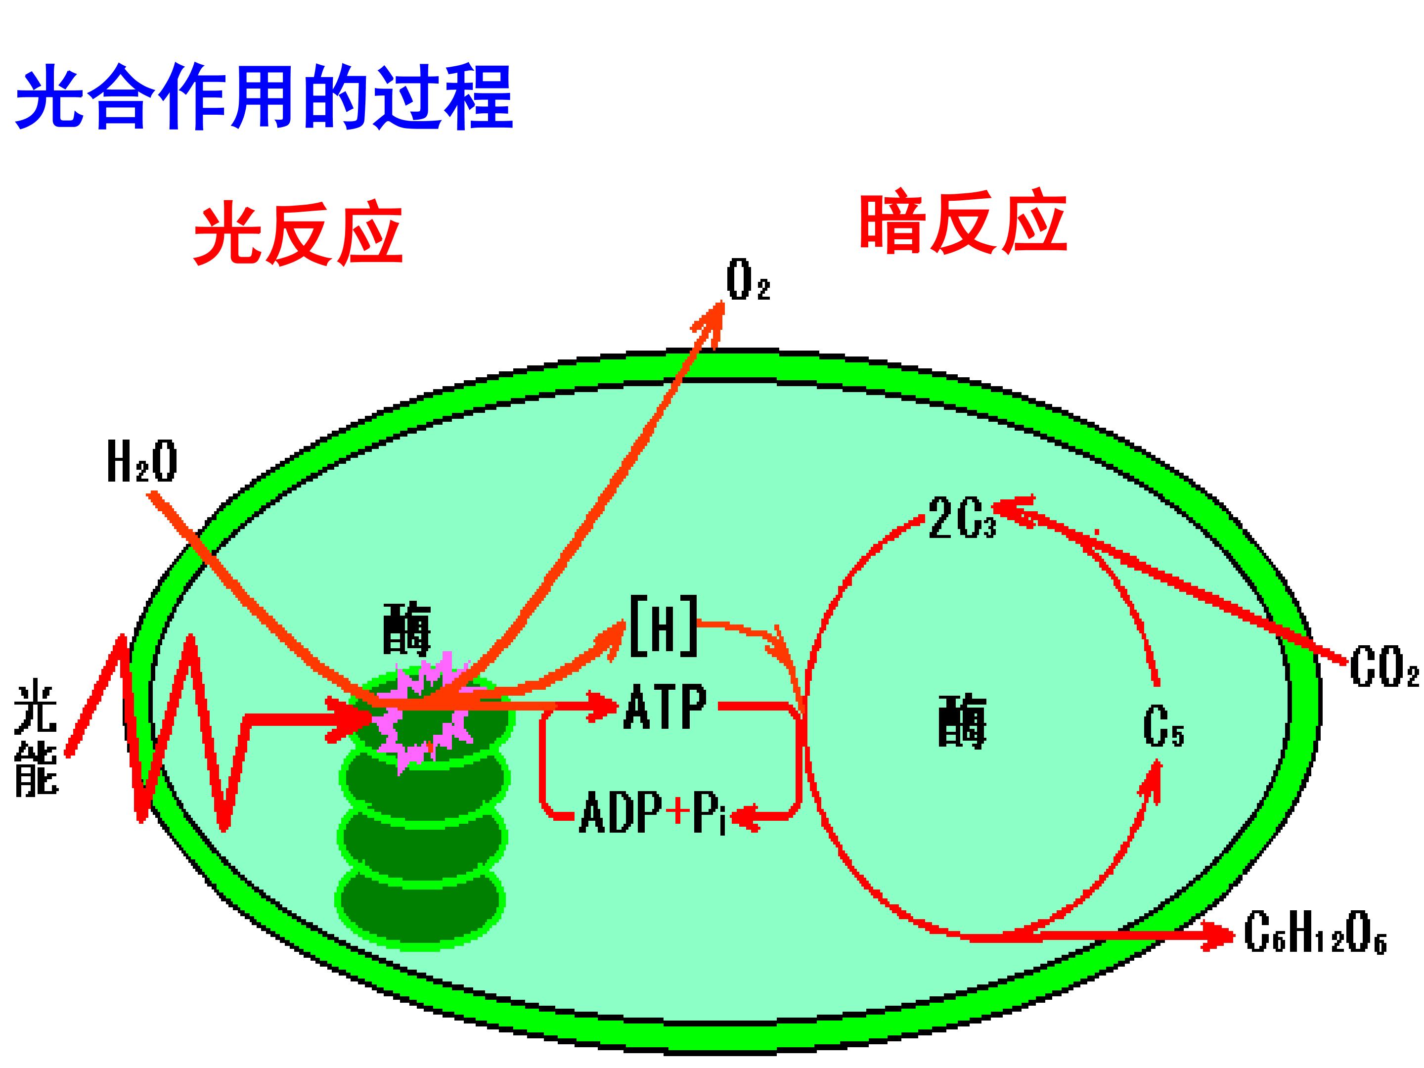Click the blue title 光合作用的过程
264,98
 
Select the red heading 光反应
298,236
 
